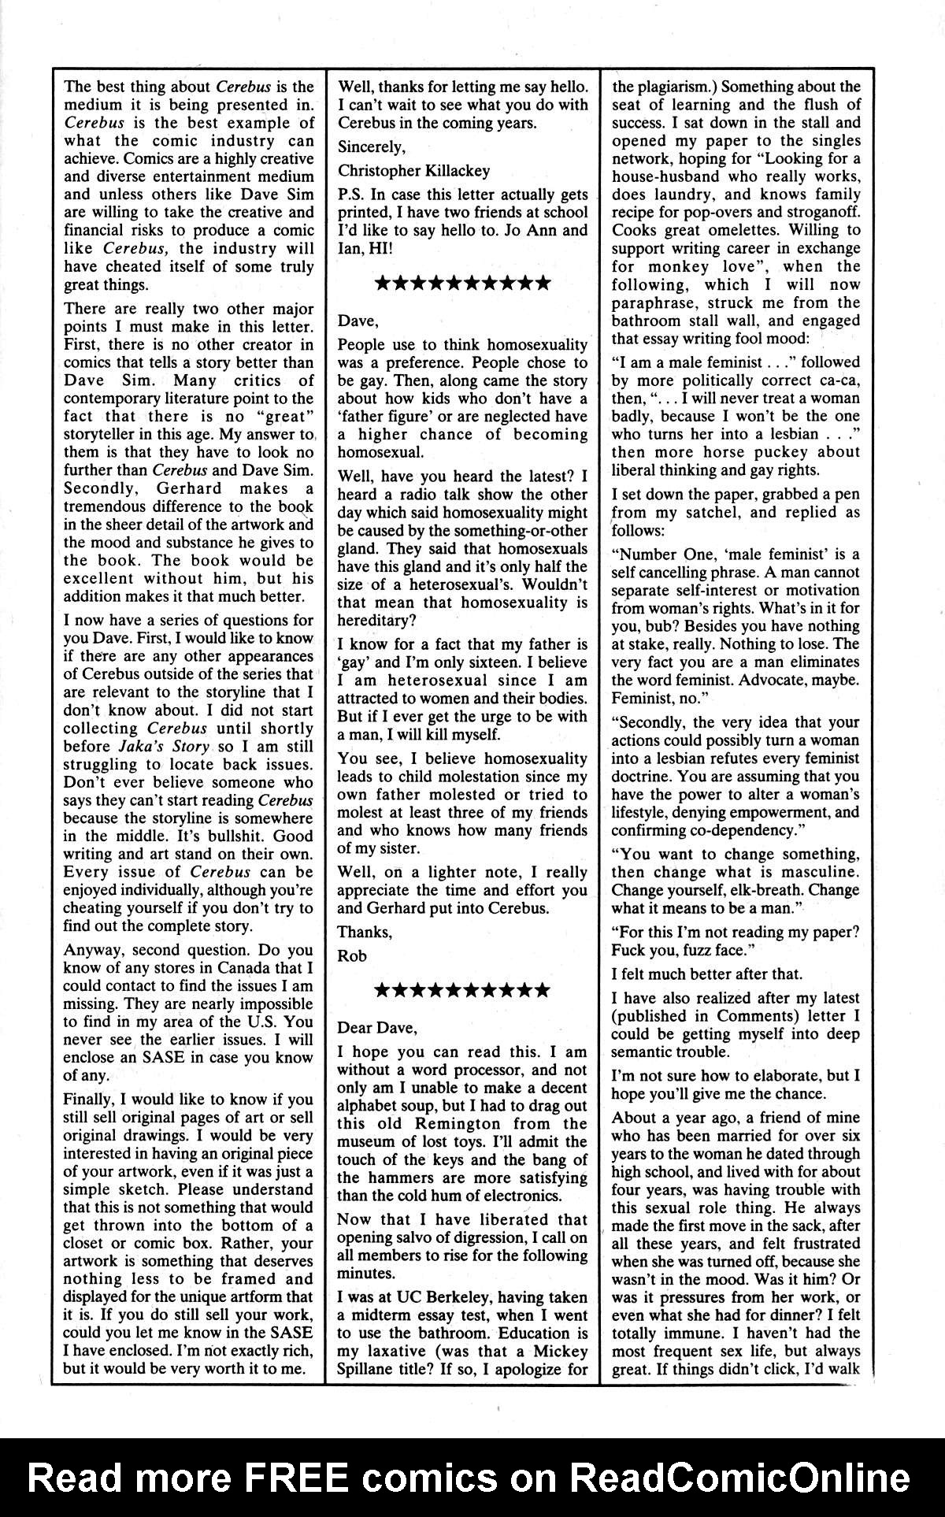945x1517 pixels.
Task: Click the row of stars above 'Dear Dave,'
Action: (462, 990)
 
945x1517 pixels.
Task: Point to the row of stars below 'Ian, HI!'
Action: (462, 284)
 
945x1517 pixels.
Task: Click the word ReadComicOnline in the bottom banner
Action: (741, 1478)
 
